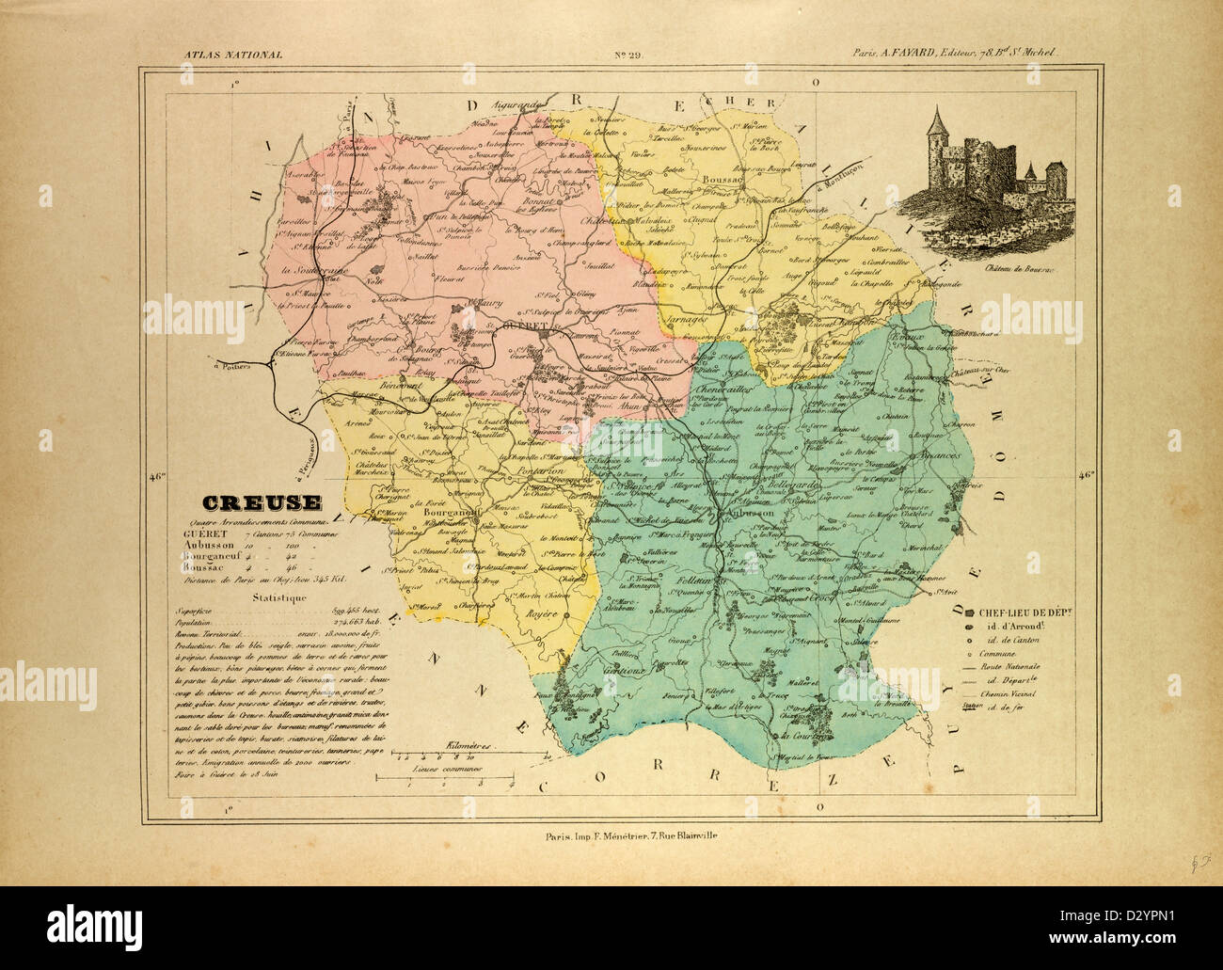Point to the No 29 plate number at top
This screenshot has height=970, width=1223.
(627, 56)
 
